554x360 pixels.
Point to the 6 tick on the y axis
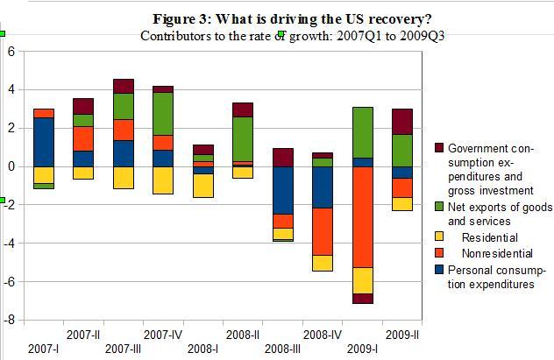(x=11, y=51)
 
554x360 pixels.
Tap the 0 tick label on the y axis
(x=11, y=166)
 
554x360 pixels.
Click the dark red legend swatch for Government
(x=440, y=147)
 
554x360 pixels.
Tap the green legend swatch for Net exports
(x=440, y=208)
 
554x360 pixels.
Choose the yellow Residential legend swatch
(x=440, y=237)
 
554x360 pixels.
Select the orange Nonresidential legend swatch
(x=440, y=253)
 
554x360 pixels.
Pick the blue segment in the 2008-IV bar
(x=323, y=187)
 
